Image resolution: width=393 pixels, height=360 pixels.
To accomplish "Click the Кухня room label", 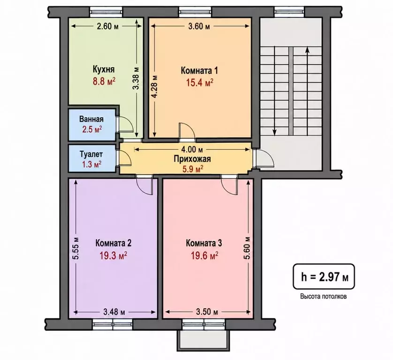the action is click(104, 69).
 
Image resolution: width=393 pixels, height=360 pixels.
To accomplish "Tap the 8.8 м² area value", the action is click(104, 82).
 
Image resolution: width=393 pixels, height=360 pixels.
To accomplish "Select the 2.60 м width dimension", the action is click(107, 26).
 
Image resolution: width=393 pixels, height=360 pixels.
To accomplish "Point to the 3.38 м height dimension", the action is click(136, 78).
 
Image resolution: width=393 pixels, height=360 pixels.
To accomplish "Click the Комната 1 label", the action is click(199, 70).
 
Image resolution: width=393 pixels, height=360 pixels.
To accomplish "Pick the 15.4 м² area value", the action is click(199, 82).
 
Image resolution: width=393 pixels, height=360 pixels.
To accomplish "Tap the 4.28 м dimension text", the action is click(155, 86).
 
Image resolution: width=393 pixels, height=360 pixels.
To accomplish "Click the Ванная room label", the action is click(91, 119).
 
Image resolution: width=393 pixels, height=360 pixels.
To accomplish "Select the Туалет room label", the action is click(91, 154).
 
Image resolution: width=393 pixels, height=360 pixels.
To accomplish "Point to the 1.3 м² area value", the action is click(91, 164).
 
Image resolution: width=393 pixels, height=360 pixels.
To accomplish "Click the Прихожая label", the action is click(192, 159).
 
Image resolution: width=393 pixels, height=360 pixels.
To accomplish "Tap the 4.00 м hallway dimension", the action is click(192, 150).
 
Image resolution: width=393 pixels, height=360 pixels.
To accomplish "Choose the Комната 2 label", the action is click(113, 243).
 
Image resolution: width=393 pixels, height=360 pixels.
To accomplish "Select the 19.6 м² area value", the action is click(204, 256).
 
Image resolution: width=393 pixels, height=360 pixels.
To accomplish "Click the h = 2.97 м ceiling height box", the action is click(324, 277).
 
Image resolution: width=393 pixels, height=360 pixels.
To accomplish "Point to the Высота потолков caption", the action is click(324, 297).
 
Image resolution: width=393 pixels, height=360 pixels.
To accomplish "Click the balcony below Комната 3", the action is click(203, 340).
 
